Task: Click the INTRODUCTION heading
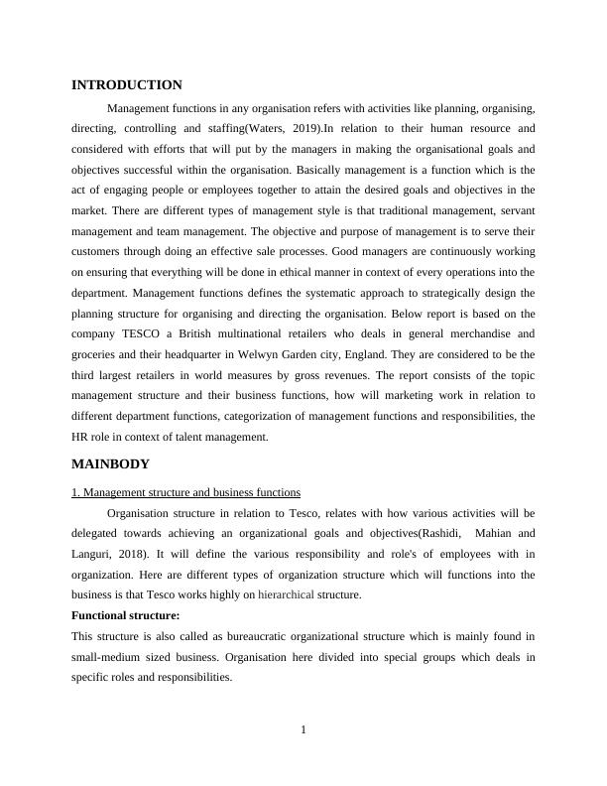click(127, 85)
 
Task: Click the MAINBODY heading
click(111, 463)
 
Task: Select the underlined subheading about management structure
click(186, 492)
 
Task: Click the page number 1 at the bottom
click(303, 731)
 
